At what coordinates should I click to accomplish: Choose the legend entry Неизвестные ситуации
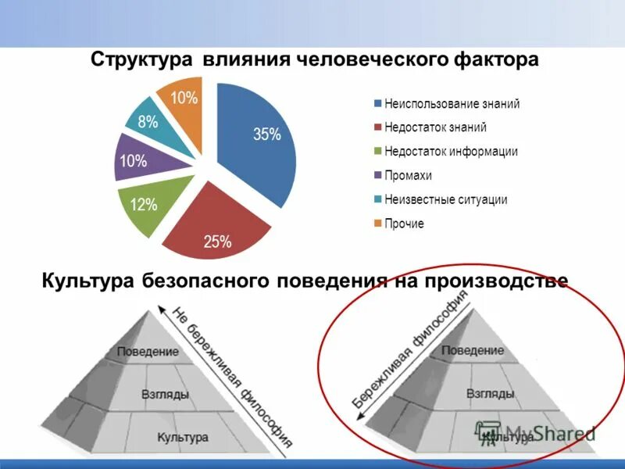tap(446, 199)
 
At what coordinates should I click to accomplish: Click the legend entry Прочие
tap(404, 224)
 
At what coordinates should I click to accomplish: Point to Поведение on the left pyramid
tap(147, 352)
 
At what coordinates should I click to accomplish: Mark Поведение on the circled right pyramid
tap(472, 350)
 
